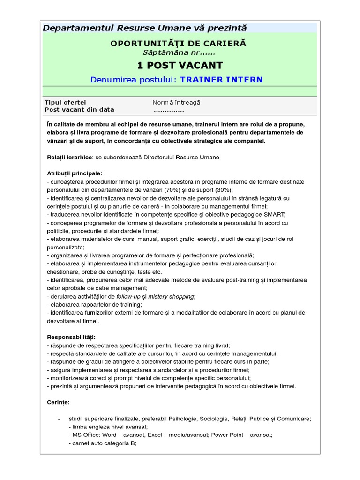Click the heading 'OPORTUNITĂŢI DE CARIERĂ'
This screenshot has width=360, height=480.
tap(178, 44)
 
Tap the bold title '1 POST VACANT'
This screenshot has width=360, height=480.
tap(180, 65)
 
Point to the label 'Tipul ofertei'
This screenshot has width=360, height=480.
tap(65, 103)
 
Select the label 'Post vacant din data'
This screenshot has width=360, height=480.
tap(79, 110)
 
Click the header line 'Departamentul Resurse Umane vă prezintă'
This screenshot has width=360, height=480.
tap(144, 28)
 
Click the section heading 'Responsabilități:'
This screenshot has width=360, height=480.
tap(71, 337)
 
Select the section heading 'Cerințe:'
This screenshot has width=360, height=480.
tap(58, 402)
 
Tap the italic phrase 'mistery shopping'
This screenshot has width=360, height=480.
tap(171, 296)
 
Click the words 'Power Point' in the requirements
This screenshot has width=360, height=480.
tap(229, 435)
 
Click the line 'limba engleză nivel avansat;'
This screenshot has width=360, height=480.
tap(108, 427)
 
